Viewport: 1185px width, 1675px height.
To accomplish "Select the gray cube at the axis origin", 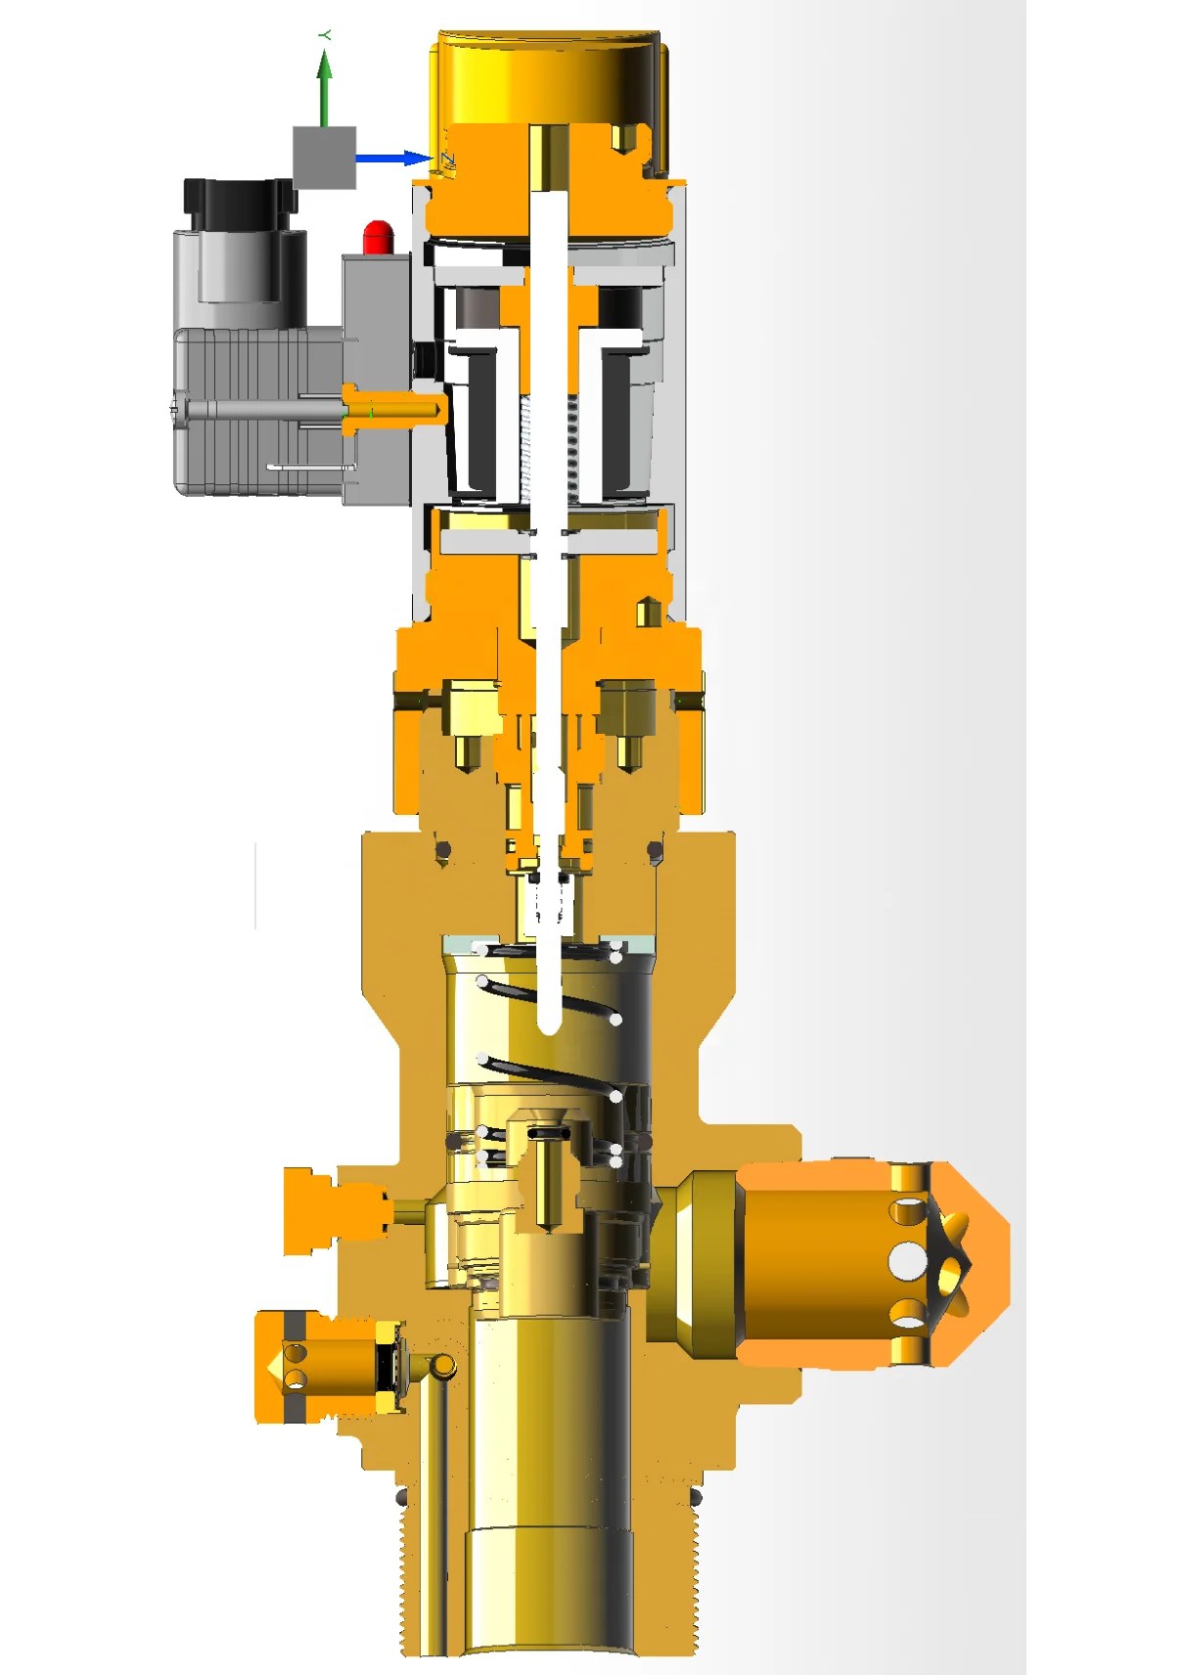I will [324, 157].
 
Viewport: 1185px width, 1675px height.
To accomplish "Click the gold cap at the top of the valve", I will [548, 78].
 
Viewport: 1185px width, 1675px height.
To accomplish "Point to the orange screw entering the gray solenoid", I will [391, 406].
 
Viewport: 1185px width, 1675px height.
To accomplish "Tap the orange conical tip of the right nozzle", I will [983, 1262].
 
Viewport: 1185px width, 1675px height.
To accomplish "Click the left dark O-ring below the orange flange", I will [442, 850].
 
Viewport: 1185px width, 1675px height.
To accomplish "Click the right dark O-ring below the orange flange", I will [656, 850].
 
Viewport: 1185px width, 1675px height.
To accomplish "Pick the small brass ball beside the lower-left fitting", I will [443, 1365].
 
